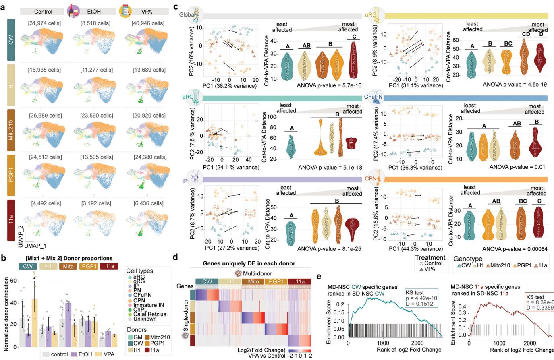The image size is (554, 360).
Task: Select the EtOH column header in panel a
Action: pyautogui.click(x=93, y=12)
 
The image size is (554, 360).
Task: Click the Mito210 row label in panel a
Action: pyautogui.click(x=11, y=128)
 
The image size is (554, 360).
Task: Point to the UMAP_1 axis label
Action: pyautogui.click(x=35, y=245)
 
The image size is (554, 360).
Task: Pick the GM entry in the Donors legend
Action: pyautogui.click(x=137, y=337)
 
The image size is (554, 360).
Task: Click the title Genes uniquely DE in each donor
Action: pyautogui.click(x=249, y=263)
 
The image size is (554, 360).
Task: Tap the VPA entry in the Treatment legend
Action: pyautogui.click(x=430, y=269)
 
